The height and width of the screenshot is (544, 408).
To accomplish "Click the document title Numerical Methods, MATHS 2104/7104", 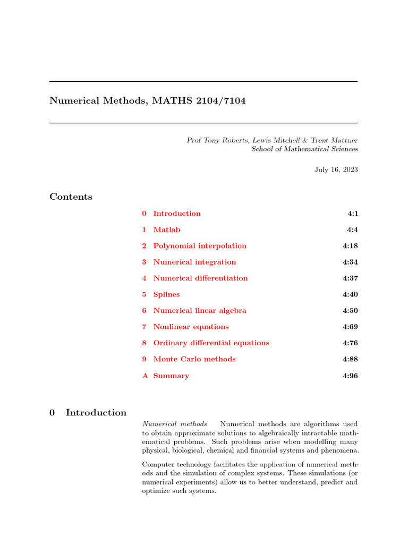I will [x=148, y=100].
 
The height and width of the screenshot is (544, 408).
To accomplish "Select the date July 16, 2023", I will [x=336, y=170].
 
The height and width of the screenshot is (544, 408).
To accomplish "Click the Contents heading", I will [x=71, y=197].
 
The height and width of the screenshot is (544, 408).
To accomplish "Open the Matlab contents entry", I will [x=167, y=229].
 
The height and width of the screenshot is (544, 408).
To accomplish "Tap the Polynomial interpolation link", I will [x=200, y=246].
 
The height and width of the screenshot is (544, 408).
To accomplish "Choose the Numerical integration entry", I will [x=194, y=262].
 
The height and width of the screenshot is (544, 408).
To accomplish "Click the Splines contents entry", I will [x=166, y=294].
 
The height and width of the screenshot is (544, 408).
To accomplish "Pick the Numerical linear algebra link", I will [x=200, y=311].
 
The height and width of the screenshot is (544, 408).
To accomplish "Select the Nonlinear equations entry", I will [x=191, y=327].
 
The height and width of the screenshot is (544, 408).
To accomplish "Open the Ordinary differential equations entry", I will [x=211, y=343].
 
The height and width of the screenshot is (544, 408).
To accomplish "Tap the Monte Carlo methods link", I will [x=194, y=359].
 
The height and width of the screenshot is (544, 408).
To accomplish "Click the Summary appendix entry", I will [x=171, y=376].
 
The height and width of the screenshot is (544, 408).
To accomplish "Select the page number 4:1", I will [x=352, y=214].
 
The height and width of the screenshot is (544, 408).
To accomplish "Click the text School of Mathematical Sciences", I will [x=304, y=149].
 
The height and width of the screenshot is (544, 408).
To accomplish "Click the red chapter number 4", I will [x=144, y=278].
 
